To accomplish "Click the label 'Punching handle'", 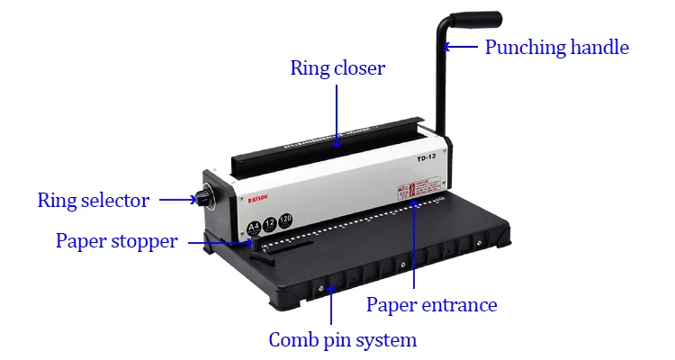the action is (556, 47).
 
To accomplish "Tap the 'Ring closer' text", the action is (337, 68).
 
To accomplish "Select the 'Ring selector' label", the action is (93, 200).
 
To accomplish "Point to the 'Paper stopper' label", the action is (116, 241).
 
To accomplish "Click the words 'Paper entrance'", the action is (431, 304).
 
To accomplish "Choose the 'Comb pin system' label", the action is (343, 340).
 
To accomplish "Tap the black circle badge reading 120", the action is (286, 220).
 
